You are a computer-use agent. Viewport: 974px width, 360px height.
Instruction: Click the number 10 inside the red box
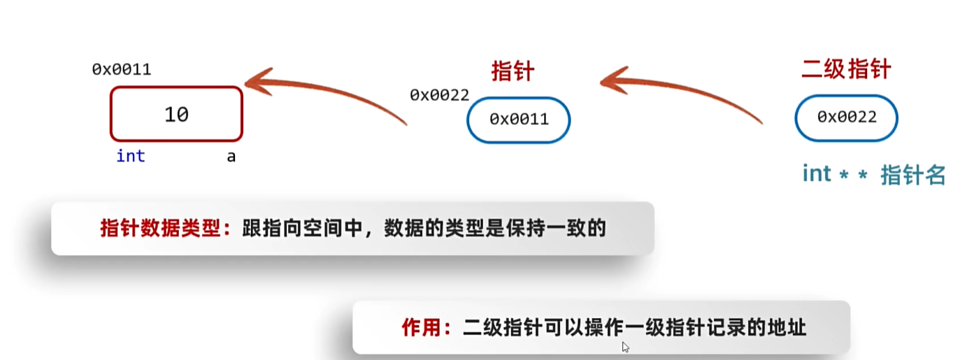click(x=176, y=114)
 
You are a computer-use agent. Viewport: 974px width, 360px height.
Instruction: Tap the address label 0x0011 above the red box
click(x=122, y=69)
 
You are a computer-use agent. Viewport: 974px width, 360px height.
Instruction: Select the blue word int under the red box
click(x=131, y=156)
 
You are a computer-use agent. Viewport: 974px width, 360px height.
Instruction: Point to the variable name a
click(x=231, y=157)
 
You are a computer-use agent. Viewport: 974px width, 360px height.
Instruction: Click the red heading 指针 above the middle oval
click(x=513, y=71)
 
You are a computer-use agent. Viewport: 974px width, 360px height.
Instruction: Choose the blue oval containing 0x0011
click(x=519, y=120)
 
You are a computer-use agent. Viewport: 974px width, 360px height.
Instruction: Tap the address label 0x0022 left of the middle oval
click(x=439, y=95)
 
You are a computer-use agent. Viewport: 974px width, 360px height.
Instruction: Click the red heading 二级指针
click(x=846, y=70)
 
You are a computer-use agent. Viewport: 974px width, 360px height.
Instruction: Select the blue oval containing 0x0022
click(x=846, y=117)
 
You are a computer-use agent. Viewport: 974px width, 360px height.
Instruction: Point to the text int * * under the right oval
click(x=835, y=174)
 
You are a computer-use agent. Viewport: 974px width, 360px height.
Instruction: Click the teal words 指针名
click(x=912, y=175)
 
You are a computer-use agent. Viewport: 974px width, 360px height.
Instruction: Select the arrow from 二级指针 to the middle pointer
click(x=678, y=90)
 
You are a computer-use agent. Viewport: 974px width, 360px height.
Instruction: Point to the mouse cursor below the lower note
click(x=625, y=347)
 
